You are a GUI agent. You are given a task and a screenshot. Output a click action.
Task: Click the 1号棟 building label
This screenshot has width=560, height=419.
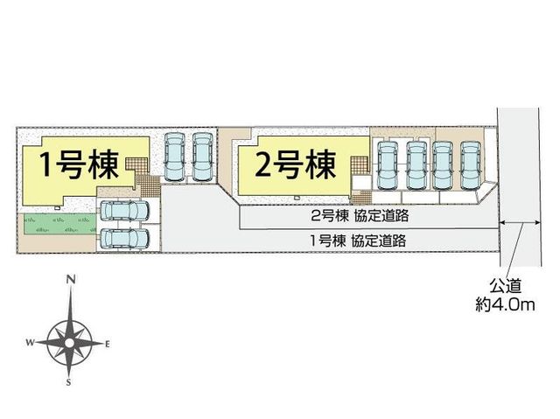[x=79, y=164]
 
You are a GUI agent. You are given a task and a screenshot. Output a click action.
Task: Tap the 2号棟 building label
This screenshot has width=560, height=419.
[x=296, y=164]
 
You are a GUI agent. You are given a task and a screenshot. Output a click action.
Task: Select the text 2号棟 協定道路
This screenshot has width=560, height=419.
[x=360, y=215]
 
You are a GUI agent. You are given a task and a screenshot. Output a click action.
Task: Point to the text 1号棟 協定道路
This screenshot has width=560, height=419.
[x=358, y=241]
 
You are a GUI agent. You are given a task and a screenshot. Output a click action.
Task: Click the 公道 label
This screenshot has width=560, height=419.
[x=506, y=285]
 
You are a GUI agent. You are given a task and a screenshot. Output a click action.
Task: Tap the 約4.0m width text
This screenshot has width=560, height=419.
[x=505, y=304]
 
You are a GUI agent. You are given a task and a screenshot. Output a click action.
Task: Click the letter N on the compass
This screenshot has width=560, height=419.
[x=71, y=279]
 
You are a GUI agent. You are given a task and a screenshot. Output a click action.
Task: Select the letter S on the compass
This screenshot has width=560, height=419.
[x=68, y=382]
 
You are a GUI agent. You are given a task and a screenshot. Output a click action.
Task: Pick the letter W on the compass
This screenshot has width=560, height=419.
[x=30, y=343]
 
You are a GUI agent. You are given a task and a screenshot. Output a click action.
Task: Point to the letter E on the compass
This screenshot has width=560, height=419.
[x=107, y=345]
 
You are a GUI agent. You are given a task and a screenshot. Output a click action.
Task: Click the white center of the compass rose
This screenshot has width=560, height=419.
[x=70, y=343]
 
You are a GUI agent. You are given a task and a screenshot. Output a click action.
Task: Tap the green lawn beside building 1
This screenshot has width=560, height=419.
[x=59, y=224]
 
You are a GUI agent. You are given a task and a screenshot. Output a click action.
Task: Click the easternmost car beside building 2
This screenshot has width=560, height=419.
[x=470, y=165]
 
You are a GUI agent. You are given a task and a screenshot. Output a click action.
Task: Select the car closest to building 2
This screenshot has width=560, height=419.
[x=388, y=165]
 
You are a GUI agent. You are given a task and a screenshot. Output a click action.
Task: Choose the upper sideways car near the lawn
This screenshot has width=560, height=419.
[x=124, y=211]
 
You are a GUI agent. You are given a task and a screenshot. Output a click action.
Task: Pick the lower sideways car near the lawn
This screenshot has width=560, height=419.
[x=124, y=239]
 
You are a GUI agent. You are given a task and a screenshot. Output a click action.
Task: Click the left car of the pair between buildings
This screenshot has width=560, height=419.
[x=174, y=157]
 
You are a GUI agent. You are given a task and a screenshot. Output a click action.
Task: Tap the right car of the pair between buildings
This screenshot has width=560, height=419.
[x=202, y=157]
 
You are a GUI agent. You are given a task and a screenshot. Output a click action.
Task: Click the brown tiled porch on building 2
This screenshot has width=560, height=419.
[x=359, y=165]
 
